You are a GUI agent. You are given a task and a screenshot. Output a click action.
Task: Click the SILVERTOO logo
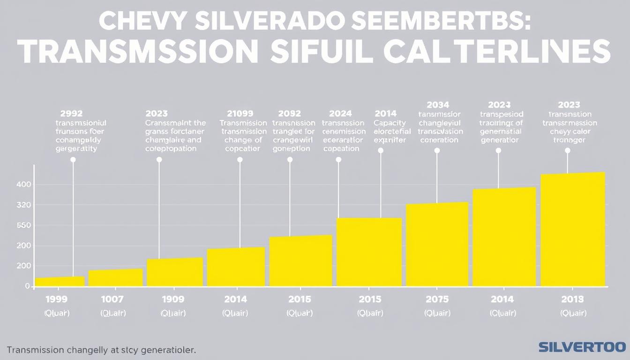(x=582, y=347)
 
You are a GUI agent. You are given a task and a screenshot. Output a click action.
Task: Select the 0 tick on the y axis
(x=27, y=286)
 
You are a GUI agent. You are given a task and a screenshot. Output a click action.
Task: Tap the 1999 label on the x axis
(x=56, y=299)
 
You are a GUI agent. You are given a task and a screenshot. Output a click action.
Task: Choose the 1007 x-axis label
(x=112, y=299)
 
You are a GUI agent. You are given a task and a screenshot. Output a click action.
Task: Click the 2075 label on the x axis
(x=436, y=299)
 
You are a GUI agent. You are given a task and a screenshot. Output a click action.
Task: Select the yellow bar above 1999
(x=60, y=282)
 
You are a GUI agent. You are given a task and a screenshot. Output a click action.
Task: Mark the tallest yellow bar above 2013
(x=573, y=230)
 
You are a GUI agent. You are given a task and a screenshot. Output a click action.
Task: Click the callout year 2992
(x=72, y=113)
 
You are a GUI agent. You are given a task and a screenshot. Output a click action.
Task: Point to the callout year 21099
(x=240, y=113)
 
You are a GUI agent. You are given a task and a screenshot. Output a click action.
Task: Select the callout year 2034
(x=438, y=105)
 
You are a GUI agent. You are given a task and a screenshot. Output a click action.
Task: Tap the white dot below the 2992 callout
(x=73, y=160)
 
